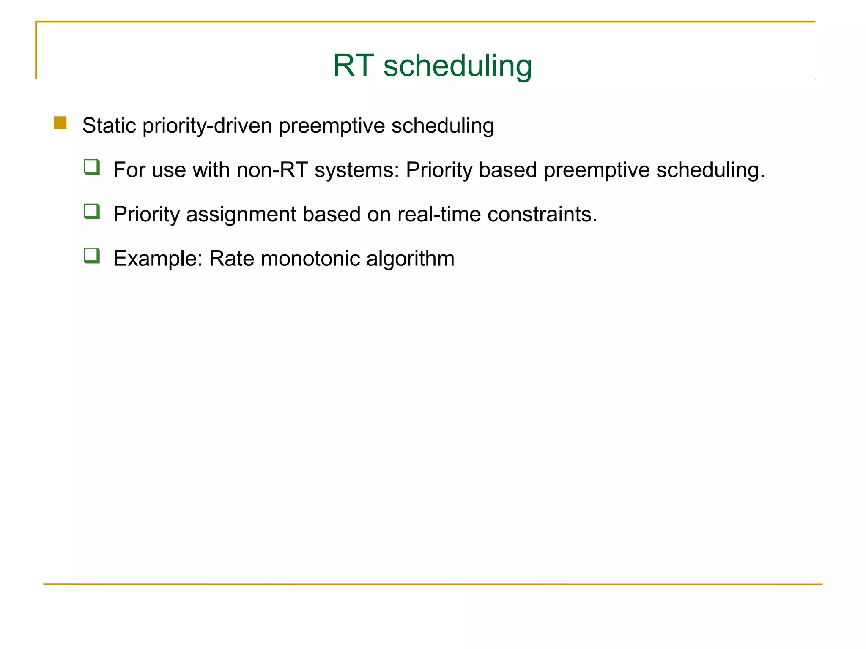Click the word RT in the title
pos(353,65)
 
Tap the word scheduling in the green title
pos(458,66)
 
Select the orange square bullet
pos(60,123)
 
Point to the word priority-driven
pos(207,126)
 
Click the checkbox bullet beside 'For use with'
pos(92,167)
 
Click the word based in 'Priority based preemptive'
pos(508,170)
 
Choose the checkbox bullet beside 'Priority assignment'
pos(92,211)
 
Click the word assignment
pos(241,215)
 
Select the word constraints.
pos(542,214)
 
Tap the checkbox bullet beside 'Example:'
pos(92,256)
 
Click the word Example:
pos(158,259)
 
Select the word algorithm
pos(410,258)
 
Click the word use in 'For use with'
pos(169,170)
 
